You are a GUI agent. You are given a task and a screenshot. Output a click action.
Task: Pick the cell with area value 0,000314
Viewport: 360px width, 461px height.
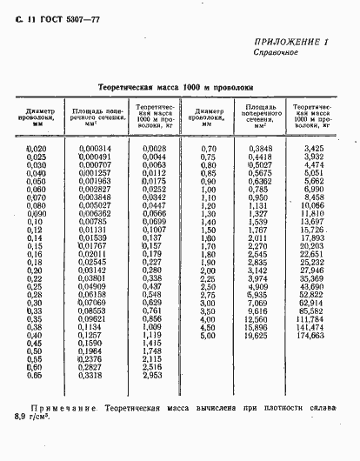[x=95, y=149]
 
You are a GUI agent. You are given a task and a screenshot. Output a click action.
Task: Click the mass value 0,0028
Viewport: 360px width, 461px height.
[x=153, y=149]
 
